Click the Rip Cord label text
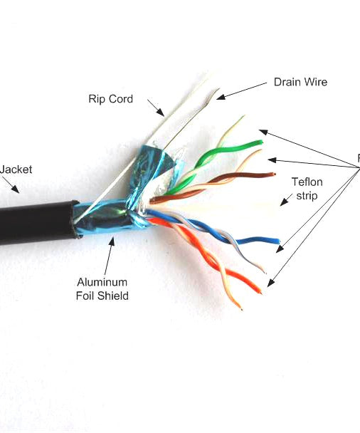[110, 99]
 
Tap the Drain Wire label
[300, 82]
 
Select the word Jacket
[16, 169]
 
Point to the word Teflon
[307, 181]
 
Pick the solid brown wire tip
[270, 174]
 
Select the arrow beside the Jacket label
[13, 185]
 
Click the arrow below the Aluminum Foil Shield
[112, 249]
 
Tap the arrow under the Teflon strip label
[285, 202]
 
